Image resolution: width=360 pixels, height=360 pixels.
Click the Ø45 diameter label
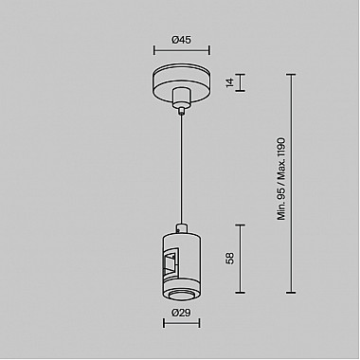pos(179,40)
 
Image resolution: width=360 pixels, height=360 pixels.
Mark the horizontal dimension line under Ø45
pos(179,52)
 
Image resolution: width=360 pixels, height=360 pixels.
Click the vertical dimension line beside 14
pos(240,83)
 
